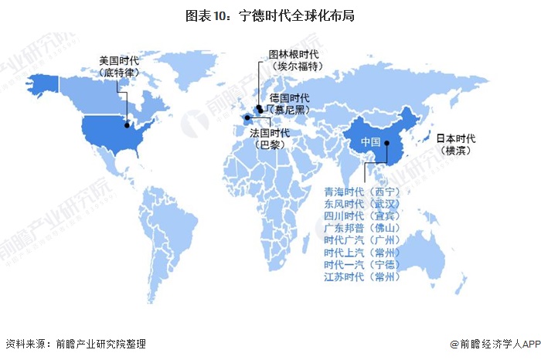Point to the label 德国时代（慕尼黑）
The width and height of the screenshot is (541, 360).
288,104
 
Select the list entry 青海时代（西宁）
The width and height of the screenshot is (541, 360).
362,192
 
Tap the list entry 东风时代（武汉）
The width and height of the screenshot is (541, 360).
362,204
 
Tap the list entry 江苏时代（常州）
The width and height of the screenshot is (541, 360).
362,277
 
